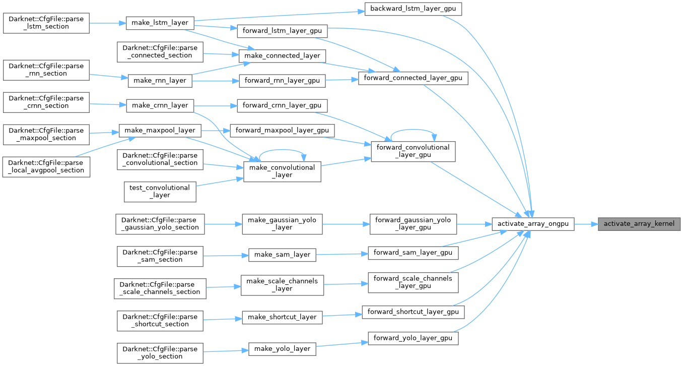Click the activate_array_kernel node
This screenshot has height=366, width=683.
(x=639, y=223)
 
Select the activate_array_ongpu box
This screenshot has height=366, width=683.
(x=533, y=223)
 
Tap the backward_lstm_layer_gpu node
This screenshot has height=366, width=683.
(x=413, y=9)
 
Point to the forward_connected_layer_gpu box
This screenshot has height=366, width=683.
(x=413, y=79)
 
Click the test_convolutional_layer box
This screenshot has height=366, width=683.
(x=160, y=192)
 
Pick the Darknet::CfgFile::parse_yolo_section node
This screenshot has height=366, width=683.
(x=160, y=352)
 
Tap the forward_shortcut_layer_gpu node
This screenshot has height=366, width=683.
(x=413, y=312)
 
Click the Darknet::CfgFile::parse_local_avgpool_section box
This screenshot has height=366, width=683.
(x=46, y=166)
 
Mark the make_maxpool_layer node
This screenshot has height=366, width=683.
(x=160, y=131)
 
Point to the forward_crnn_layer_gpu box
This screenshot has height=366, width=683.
(x=282, y=105)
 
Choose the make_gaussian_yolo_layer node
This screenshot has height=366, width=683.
(x=282, y=223)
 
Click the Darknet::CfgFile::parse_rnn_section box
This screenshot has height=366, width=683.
(x=46, y=70)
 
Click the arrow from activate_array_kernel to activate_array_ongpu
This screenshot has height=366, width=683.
(x=586, y=223)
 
